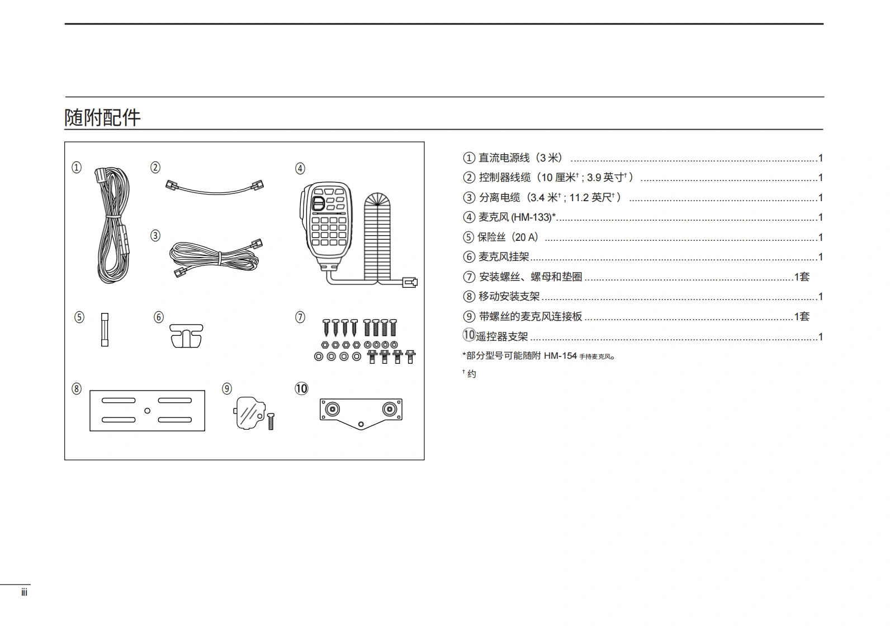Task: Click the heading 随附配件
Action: [x=102, y=117]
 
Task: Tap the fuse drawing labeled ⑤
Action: [x=105, y=330]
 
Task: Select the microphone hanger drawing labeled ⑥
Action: [x=186, y=335]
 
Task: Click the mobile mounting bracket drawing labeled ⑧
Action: [x=147, y=411]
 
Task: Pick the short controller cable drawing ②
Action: [x=215, y=187]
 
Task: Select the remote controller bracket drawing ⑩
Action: [x=361, y=412]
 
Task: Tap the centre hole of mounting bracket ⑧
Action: [x=147, y=411]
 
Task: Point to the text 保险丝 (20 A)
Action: [x=508, y=237]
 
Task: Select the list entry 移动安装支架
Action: [x=509, y=297]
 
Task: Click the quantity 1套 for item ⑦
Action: [x=802, y=277]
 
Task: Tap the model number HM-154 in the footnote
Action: [x=560, y=356]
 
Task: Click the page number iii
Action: [x=24, y=593]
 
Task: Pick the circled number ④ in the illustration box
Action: [x=300, y=168]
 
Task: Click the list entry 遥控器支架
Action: [x=502, y=337]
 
